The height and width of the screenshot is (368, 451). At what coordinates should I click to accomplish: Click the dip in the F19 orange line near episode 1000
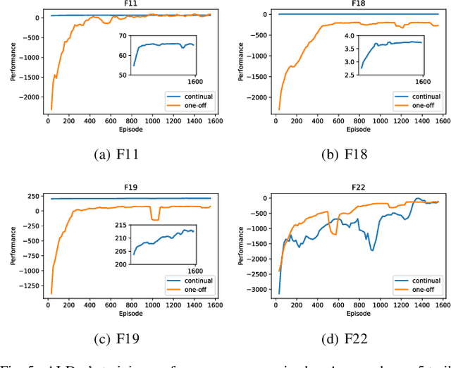point(154,219)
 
